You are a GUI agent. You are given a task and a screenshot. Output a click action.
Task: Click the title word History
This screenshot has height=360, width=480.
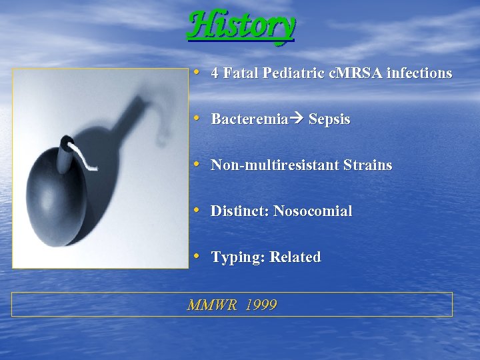(x=241, y=26)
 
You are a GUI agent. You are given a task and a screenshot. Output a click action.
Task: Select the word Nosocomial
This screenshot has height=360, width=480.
(x=313, y=211)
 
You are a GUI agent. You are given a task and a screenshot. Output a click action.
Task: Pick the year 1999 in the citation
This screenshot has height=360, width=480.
(x=261, y=305)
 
